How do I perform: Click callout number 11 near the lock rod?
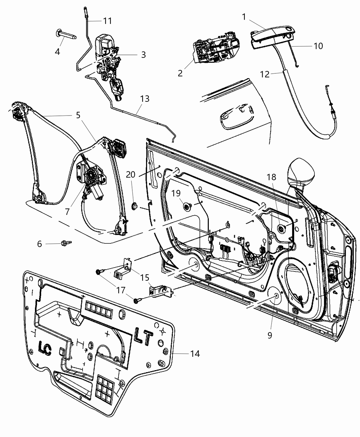[107, 21]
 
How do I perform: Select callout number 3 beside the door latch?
[143, 54]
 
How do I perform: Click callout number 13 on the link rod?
[145, 99]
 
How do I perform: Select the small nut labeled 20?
[134, 206]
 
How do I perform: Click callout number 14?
[194, 353]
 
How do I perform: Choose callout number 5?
[79, 115]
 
